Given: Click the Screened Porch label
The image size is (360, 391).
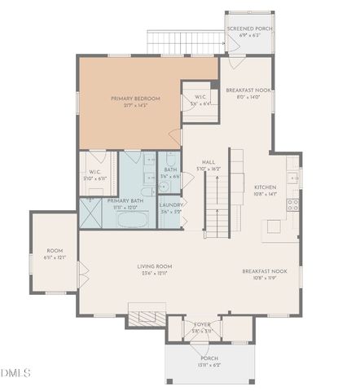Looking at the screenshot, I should [249, 32].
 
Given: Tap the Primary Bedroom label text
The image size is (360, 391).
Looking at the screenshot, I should [135, 101].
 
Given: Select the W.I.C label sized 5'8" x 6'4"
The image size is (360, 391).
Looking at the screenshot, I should [200, 100].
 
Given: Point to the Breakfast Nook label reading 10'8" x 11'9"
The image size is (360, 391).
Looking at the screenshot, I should [264, 274].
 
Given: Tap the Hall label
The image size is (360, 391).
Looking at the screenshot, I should [209, 165].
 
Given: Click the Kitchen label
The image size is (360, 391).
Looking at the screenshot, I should [266, 189].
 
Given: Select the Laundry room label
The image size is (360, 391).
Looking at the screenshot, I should [171, 208].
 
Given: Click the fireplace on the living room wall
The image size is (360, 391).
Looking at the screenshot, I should [146, 316].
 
